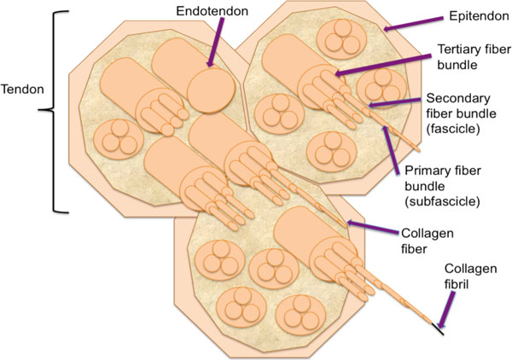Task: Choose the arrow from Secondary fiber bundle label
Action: coord(395,105)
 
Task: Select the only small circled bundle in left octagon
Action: coord(116,142)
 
